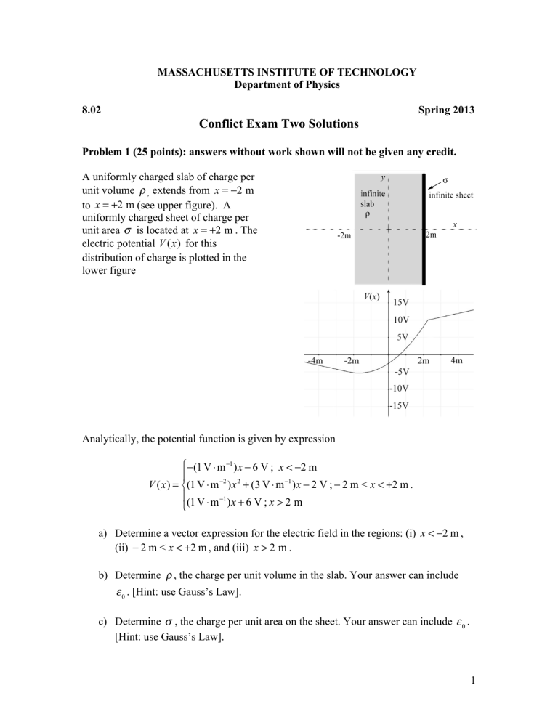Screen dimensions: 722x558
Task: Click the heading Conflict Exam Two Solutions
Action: [x=279, y=124]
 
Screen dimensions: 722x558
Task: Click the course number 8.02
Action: [x=91, y=108]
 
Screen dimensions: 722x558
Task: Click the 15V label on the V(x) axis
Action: [x=404, y=302]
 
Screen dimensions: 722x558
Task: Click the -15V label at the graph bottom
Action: [x=403, y=405]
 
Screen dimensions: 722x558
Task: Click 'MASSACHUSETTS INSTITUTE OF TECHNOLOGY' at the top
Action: [x=279, y=72]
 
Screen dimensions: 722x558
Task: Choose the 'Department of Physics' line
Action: [x=279, y=84]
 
